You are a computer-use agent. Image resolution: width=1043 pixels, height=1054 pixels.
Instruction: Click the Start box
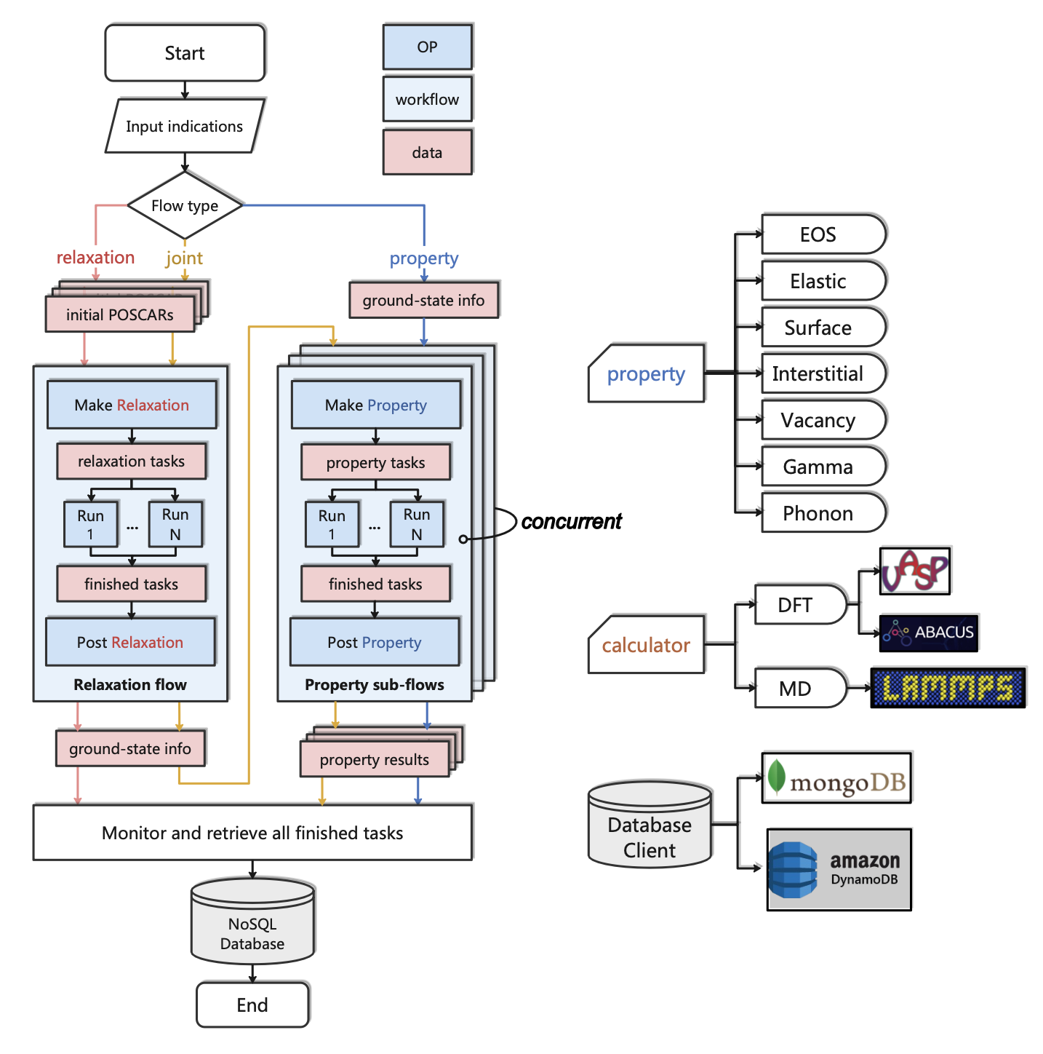pyautogui.click(x=185, y=53)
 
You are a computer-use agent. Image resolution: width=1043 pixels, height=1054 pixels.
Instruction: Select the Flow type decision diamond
pyautogui.click(x=185, y=206)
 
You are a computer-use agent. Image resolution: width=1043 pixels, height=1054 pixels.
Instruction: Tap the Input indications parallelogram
pyautogui.click(x=185, y=127)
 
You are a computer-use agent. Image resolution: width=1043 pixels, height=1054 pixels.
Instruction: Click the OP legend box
pyautogui.click(x=427, y=47)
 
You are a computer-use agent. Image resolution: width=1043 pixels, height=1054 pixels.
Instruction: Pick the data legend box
pyautogui.click(x=427, y=153)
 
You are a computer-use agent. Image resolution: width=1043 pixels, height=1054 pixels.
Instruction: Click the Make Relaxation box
pyautogui.click(x=132, y=405)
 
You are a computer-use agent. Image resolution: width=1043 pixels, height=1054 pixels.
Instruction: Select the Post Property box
pyautogui.click(x=375, y=642)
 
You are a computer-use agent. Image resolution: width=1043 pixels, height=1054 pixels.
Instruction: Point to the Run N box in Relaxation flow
pyautogui.click(x=175, y=524)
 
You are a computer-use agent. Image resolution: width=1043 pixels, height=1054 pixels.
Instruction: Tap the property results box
pyautogui.click(x=375, y=760)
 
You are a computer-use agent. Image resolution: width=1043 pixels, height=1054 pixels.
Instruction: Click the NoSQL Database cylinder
pyautogui.click(x=252, y=924)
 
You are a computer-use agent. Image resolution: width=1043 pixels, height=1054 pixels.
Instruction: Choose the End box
pyautogui.click(x=252, y=1005)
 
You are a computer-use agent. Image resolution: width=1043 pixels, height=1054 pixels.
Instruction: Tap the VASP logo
pyautogui.click(x=914, y=571)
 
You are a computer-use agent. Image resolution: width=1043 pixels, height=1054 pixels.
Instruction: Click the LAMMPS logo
pyautogui.click(x=948, y=688)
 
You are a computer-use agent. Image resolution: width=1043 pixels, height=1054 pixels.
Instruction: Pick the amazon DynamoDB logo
pyautogui.click(x=839, y=870)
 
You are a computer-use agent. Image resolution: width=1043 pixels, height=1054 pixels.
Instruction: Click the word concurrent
pyautogui.click(x=572, y=522)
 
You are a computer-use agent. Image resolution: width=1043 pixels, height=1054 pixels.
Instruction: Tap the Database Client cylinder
pyautogui.click(x=650, y=830)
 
